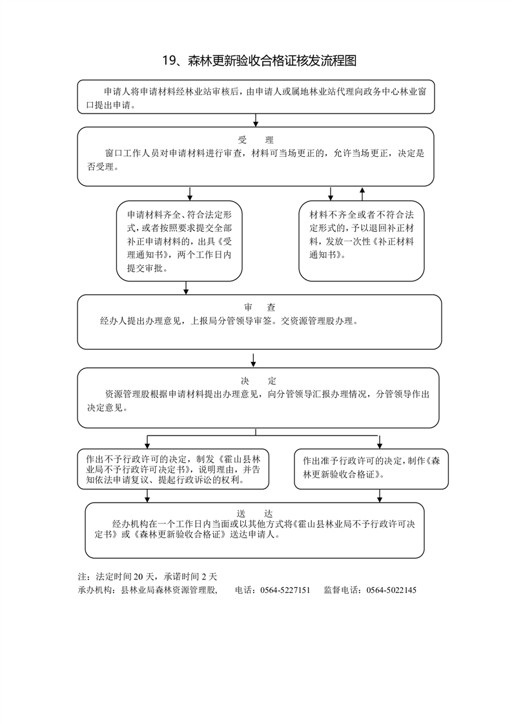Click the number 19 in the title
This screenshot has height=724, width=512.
(168, 61)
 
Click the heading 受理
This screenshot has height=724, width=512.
(256, 140)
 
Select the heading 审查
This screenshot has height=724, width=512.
(260, 308)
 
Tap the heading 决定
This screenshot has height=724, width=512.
(258, 381)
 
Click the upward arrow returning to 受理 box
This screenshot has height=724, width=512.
(362, 194)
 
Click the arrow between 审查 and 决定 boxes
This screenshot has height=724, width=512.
(253, 360)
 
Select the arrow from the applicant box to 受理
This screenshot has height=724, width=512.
(256, 120)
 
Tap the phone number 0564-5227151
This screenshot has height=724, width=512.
(285, 590)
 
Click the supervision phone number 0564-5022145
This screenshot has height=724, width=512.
(391, 590)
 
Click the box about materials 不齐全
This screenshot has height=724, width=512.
(362, 241)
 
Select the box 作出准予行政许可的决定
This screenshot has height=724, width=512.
(371, 468)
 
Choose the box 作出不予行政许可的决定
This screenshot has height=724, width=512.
(173, 468)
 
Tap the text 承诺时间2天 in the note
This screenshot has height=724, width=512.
(190, 576)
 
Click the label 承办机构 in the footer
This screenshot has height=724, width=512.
(95, 590)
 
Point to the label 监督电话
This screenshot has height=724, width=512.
(342, 590)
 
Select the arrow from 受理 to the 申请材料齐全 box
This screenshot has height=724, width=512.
(189, 194)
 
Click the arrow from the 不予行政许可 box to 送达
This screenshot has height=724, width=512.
(147, 496)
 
